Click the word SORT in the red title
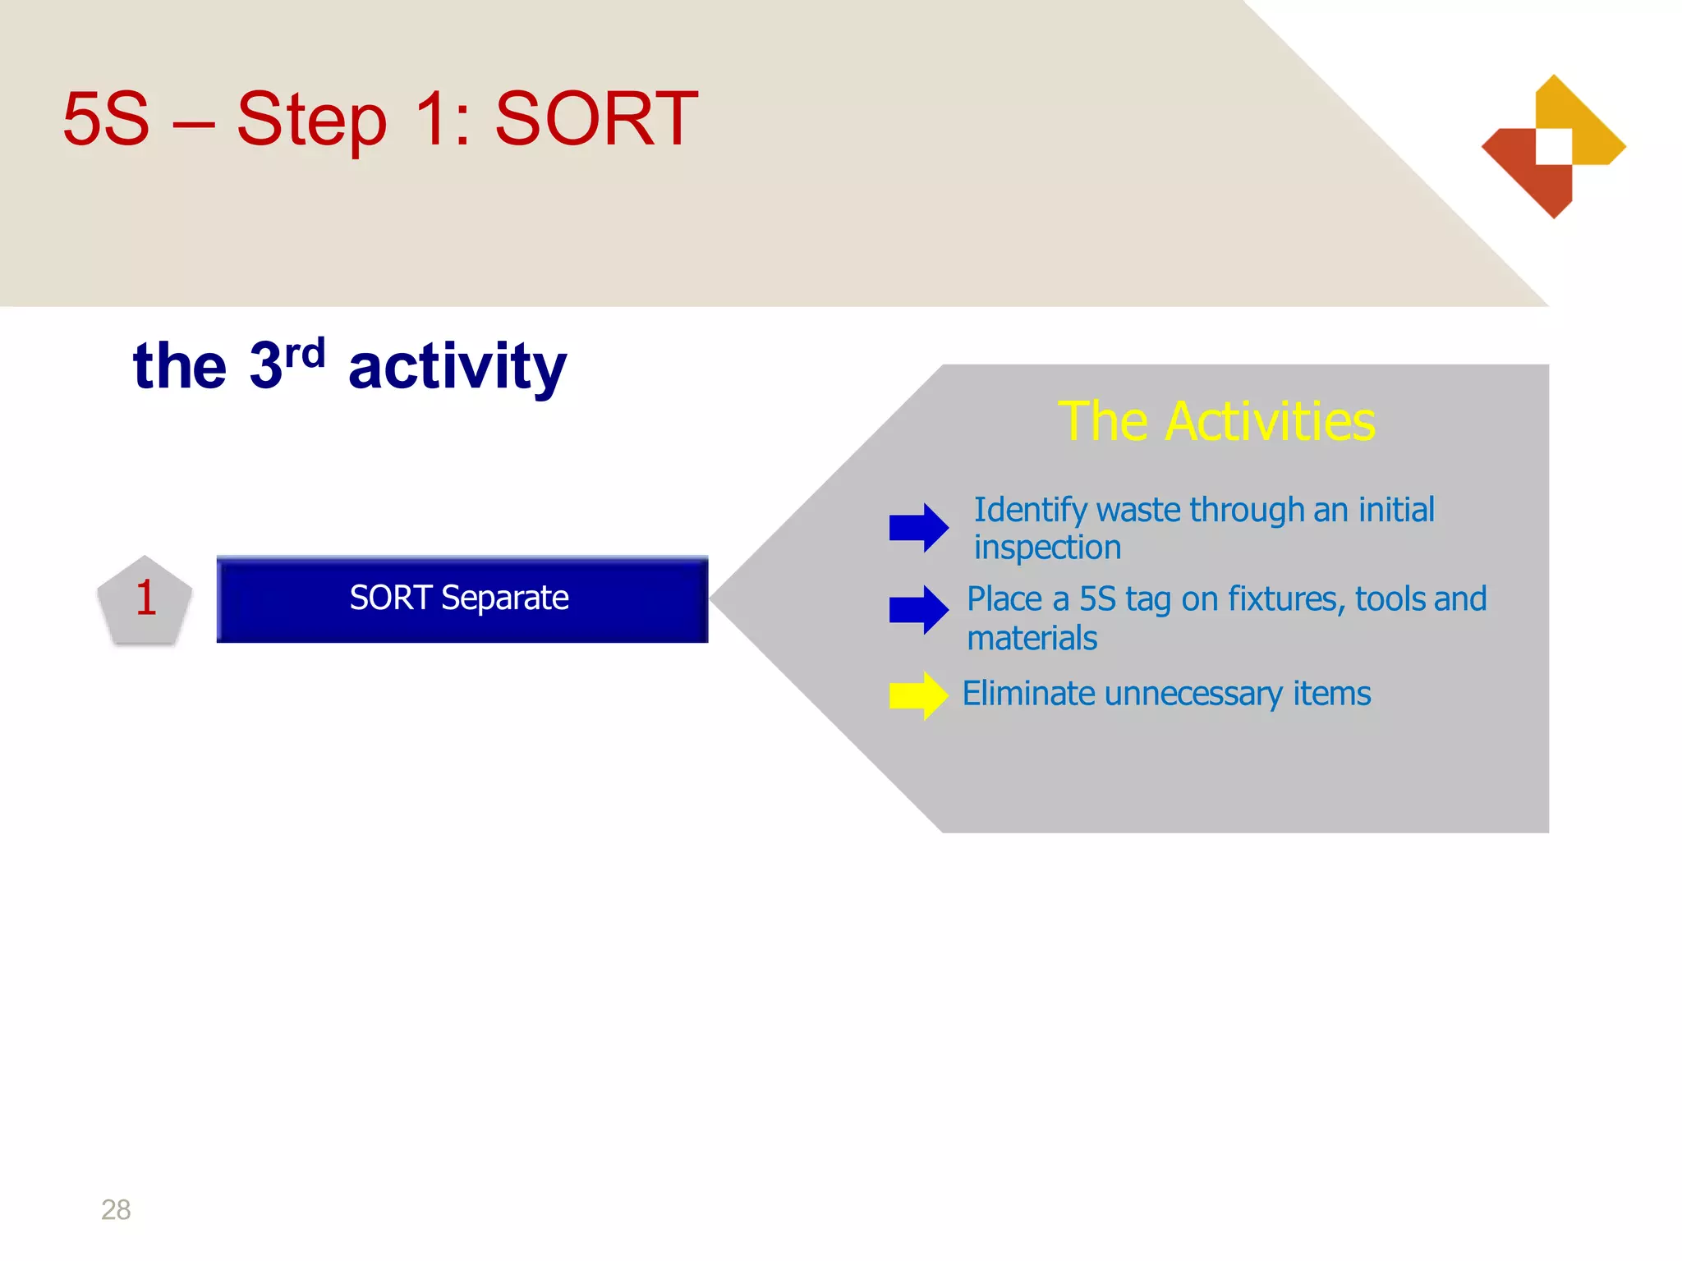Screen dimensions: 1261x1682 [x=596, y=120]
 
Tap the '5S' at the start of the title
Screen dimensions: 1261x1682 [x=107, y=120]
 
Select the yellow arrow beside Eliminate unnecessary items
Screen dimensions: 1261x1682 [x=918, y=696]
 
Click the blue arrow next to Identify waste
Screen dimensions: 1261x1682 [x=918, y=527]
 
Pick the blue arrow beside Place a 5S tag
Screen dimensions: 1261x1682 [x=918, y=610]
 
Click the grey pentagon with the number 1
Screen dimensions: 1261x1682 [x=145, y=600]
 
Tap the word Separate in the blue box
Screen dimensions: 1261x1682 [x=504, y=598]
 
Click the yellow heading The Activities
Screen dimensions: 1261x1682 [x=1216, y=422]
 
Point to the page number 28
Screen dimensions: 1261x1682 [x=116, y=1209]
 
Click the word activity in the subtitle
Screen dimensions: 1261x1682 [x=457, y=367]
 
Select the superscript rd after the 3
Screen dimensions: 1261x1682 [x=305, y=353]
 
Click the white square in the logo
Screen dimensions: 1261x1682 [x=1554, y=146]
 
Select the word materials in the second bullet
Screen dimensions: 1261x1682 [x=1032, y=639]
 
